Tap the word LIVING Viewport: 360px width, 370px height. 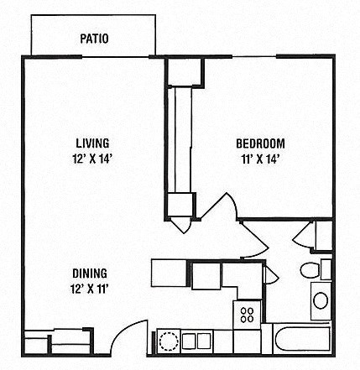[92, 143]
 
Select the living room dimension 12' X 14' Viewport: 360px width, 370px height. [92, 157]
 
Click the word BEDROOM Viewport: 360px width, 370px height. [259, 143]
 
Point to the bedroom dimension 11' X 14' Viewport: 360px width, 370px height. [259, 157]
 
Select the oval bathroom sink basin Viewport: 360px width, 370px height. [320, 299]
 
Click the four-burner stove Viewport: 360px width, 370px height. [247, 315]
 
